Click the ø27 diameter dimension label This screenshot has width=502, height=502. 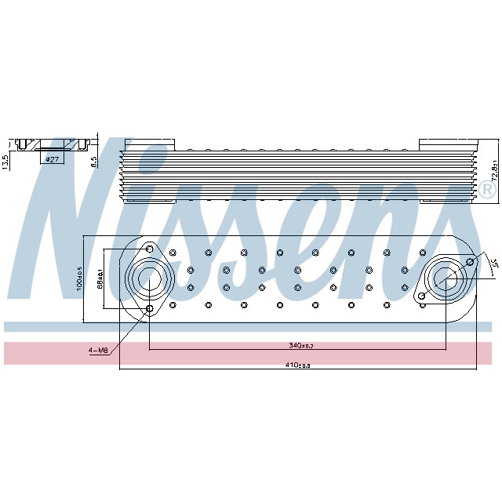coord(53,159)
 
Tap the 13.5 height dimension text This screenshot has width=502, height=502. coord(5,161)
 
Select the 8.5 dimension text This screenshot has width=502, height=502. coord(94,162)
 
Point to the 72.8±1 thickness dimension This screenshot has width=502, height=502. coord(494,170)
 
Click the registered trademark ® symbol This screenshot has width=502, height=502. coord(487,191)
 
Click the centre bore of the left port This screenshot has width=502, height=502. coord(150,278)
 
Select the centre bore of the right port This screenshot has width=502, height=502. coord(446,278)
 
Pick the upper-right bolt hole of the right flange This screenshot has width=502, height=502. coord(470,261)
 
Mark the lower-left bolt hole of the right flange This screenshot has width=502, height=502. coord(422,296)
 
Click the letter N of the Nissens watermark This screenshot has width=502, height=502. coord(63,235)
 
